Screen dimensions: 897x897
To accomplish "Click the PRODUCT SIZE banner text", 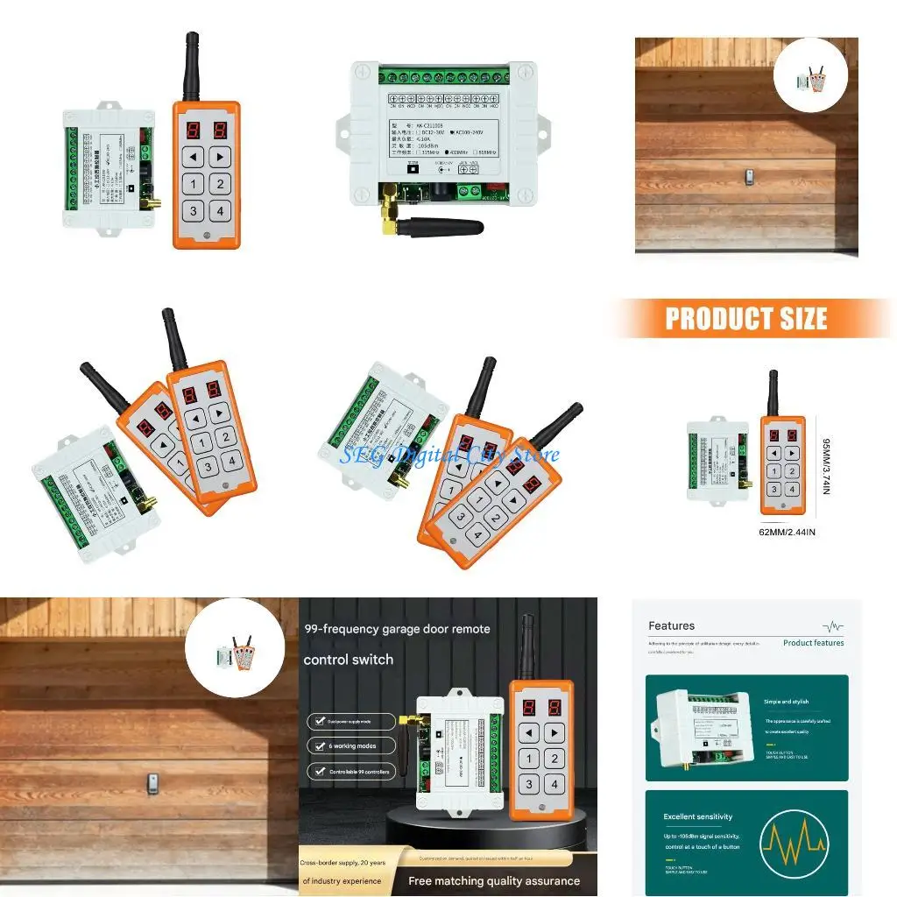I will click(745, 319).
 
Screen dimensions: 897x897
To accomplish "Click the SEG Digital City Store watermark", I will click(449, 455).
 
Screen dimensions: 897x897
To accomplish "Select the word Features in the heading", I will click(671, 625).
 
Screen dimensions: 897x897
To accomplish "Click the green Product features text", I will click(813, 643).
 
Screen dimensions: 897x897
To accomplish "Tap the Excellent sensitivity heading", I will click(697, 816).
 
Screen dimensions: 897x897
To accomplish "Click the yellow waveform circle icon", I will click(794, 844).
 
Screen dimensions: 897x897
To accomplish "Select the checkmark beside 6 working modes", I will click(316, 746).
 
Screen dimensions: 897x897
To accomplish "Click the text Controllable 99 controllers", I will click(358, 772).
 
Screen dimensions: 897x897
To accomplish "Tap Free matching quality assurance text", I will click(494, 880).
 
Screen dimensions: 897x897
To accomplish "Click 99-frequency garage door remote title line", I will click(397, 629).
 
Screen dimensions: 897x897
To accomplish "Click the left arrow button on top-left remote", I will click(193, 156).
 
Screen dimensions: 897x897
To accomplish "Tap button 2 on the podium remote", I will click(554, 759).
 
